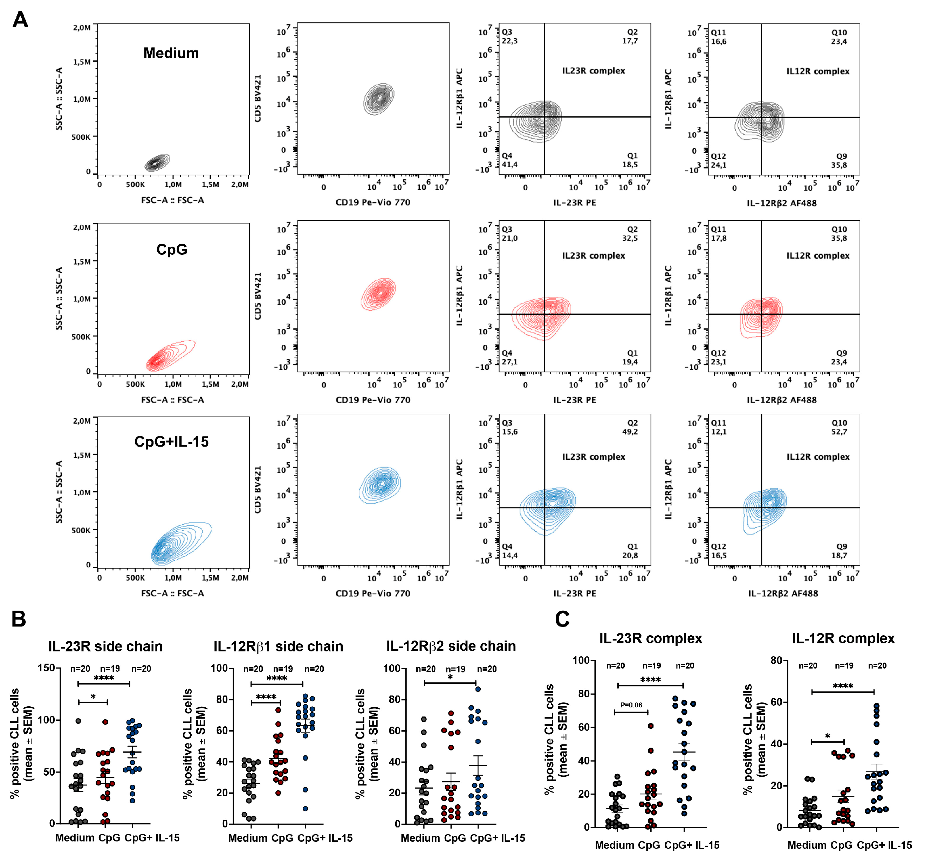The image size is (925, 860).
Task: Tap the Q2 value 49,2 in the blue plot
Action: [x=630, y=432]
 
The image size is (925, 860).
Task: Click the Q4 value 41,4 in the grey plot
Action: [x=509, y=165]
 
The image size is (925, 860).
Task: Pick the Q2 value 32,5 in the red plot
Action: [x=630, y=238]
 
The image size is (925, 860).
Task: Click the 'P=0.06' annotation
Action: [x=631, y=705]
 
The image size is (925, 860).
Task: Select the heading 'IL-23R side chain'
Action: [x=105, y=646]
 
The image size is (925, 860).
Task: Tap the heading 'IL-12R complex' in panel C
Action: [x=843, y=638]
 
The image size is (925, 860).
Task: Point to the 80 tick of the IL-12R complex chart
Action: [x=776, y=660]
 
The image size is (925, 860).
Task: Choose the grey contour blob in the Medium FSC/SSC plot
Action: [x=157, y=162]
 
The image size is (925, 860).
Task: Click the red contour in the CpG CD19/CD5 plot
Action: [x=379, y=294]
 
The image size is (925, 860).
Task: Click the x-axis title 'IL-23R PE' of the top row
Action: [x=574, y=203]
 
